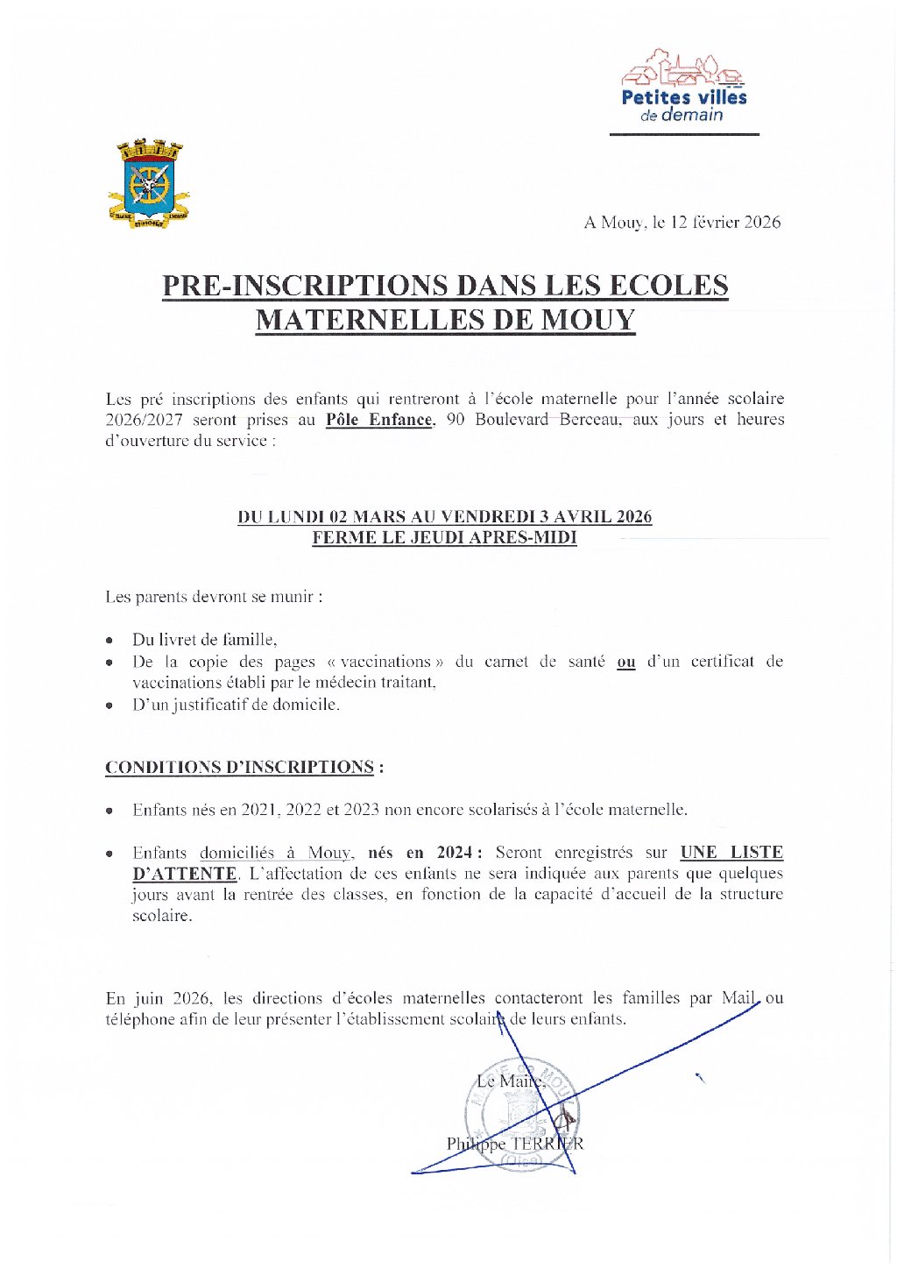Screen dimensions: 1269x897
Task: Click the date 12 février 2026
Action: pyautogui.click(x=725, y=223)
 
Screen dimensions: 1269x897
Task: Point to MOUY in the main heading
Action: pyautogui.click(x=587, y=321)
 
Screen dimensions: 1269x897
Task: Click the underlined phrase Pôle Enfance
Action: pyautogui.click(x=379, y=420)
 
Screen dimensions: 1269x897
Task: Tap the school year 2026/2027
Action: pyautogui.click(x=144, y=420)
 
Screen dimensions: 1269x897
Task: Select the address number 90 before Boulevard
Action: pyautogui.click(x=456, y=420)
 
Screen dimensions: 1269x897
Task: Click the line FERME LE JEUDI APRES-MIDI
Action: pyautogui.click(x=444, y=538)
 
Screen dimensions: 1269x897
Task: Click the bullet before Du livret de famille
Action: pyautogui.click(x=109, y=641)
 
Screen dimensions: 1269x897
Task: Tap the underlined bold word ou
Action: pyautogui.click(x=625, y=663)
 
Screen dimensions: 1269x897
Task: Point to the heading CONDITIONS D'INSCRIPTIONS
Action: pyautogui.click(x=240, y=768)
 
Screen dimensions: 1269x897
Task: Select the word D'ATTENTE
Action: pyautogui.click(x=185, y=874)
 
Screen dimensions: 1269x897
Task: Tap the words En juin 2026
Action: pyautogui.click(x=158, y=998)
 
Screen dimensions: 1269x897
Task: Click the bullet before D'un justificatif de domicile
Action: pyautogui.click(x=109, y=705)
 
